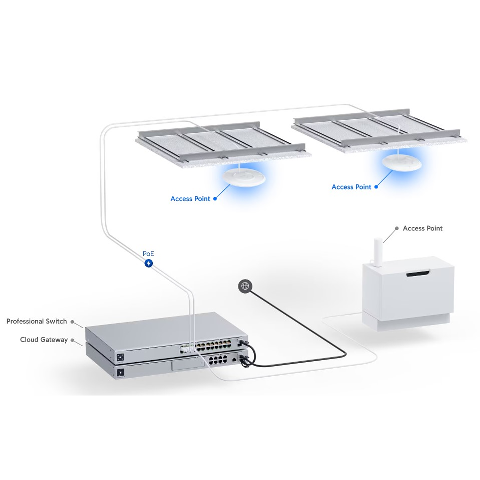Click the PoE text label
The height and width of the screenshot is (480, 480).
click(148, 253)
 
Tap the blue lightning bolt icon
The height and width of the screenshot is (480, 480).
click(148, 263)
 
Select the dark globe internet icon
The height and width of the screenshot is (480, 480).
click(245, 286)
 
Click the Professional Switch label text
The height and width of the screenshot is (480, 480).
click(37, 321)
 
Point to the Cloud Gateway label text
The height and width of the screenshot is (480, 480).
click(44, 340)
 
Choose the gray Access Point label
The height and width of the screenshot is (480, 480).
click(422, 228)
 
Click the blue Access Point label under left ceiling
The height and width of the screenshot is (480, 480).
click(190, 199)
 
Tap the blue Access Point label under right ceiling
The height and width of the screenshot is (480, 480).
click(351, 187)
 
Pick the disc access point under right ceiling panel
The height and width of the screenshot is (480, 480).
click(402, 163)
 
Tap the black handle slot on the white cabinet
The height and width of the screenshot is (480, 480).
click(418, 274)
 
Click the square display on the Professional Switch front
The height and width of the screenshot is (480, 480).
click(120, 357)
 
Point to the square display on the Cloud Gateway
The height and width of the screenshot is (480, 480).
click(120, 372)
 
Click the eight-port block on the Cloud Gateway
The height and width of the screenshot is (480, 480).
click(218, 360)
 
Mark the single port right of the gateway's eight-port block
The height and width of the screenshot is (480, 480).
click(234, 360)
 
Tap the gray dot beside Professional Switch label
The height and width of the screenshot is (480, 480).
click(72, 322)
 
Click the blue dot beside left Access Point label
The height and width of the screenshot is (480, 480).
click(215, 199)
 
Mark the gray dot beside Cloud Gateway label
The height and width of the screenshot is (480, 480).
click(72, 340)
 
